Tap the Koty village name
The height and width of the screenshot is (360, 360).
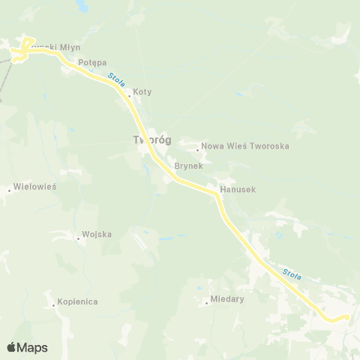pyautogui.click(x=142, y=92)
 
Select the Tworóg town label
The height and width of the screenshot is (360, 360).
pyautogui.click(x=151, y=140)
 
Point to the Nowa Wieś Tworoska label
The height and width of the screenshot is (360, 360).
pyautogui.click(x=246, y=146)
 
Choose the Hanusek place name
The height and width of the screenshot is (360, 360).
pyautogui.click(x=238, y=190)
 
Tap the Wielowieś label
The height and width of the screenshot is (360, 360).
pyautogui.click(x=36, y=187)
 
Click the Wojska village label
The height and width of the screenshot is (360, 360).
pyautogui.click(x=97, y=235)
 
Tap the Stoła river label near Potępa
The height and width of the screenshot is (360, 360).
pyautogui.click(x=115, y=77)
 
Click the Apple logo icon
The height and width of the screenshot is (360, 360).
pyautogui.click(x=11, y=346)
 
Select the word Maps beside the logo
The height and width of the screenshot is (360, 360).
pyautogui.click(x=32, y=347)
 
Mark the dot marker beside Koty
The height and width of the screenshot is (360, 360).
pyautogui.click(x=129, y=96)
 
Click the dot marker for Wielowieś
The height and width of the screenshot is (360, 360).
pyautogui.click(x=10, y=190)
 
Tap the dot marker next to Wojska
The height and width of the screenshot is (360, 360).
pyautogui.click(x=79, y=238)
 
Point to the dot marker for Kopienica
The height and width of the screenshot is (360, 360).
pyautogui.click(x=54, y=305)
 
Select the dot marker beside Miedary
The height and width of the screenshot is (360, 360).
pyautogui.click(x=207, y=303)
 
